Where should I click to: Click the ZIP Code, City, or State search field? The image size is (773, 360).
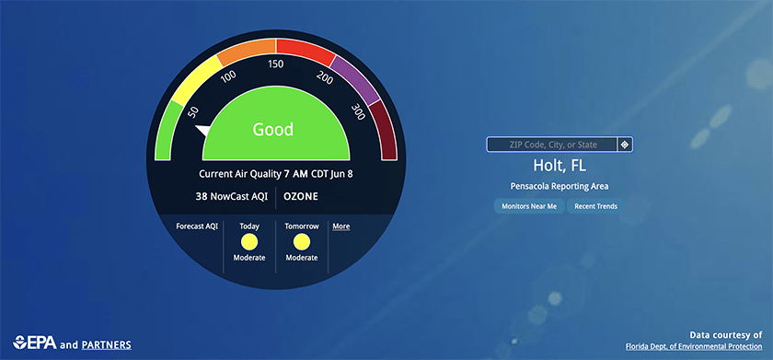[551, 145]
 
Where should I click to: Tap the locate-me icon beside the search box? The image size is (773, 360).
[625, 145]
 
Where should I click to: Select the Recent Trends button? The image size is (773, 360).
[595, 206]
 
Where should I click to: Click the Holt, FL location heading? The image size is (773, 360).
[560, 166]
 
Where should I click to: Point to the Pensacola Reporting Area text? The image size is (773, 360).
[560, 186]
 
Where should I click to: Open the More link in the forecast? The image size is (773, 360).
[341, 226]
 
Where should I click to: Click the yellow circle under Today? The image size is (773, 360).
[249, 242]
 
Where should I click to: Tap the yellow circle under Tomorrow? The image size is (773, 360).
[302, 242]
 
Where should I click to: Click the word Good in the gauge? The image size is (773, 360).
[273, 129]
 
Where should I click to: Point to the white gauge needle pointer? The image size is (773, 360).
[202, 130]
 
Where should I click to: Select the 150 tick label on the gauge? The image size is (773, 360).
[275, 64]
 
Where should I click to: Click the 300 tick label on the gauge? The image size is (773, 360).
[358, 112]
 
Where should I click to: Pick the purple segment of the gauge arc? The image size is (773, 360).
[356, 80]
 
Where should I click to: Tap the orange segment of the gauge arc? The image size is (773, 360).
[246, 52]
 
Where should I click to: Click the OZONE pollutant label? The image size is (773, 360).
[301, 196]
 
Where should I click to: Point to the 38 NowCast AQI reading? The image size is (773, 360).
[232, 196]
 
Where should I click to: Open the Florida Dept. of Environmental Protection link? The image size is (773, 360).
[694, 346]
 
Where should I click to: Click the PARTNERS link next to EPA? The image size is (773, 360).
[107, 344]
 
